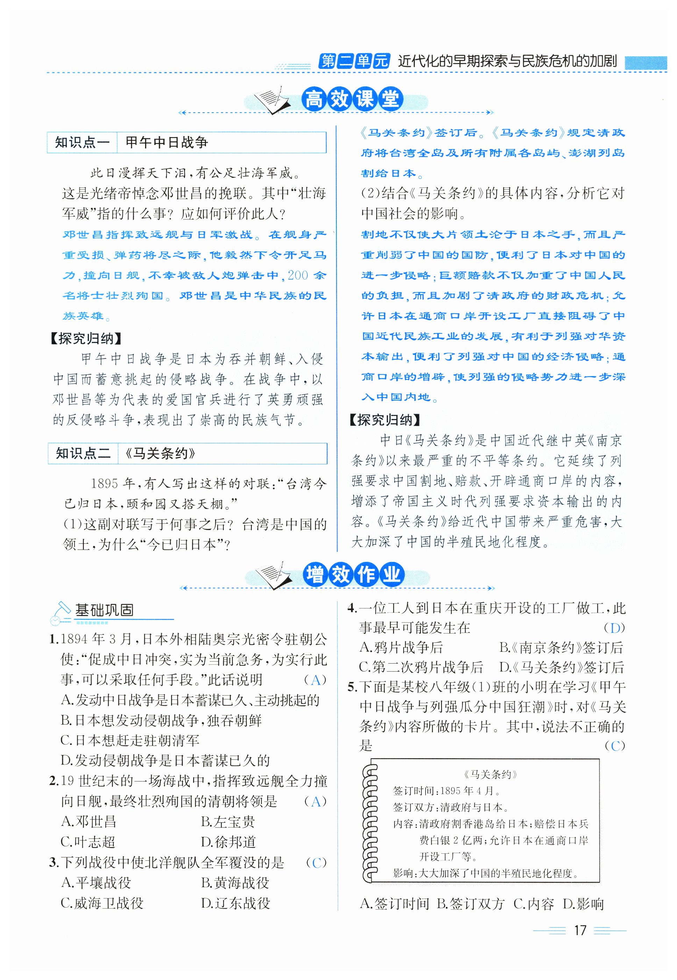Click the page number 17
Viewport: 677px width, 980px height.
(x=579, y=931)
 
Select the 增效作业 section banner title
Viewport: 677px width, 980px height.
(x=353, y=575)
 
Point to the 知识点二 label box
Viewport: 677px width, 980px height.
(x=83, y=453)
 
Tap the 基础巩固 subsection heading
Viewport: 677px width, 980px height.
(x=104, y=610)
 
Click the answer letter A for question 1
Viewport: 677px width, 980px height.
(x=315, y=680)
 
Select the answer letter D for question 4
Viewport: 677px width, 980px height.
(x=615, y=628)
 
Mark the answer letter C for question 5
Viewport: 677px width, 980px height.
(x=615, y=746)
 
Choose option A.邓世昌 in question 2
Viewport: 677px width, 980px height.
(x=89, y=822)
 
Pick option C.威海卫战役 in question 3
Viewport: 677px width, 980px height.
(x=102, y=903)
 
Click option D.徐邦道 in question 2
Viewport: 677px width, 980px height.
(x=228, y=842)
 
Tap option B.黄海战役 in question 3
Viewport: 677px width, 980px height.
(x=235, y=883)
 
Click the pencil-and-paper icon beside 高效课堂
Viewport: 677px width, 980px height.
(x=271, y=100)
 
